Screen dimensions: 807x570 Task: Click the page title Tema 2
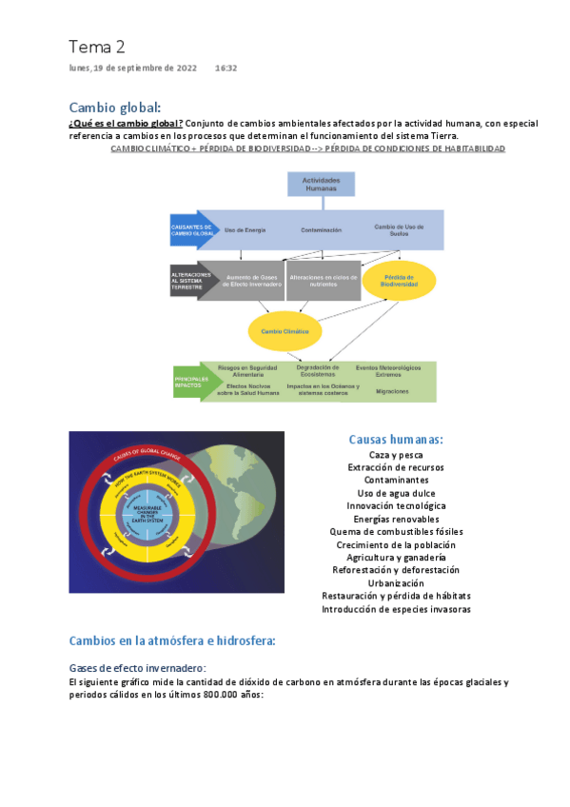click(x=96, y=47)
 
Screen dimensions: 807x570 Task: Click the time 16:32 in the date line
click(x=226, y=69)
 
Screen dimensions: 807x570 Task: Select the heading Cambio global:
click(x=115, y=107)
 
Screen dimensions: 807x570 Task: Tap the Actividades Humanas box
click(x=321, y=184)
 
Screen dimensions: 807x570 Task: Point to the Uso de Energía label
click(x=245, y=230)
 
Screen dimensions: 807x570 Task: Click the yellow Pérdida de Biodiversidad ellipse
click(x=399, y=280)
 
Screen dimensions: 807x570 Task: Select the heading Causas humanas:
click(x=396, y=440)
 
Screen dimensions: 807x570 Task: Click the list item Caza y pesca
click(x=396, y=455)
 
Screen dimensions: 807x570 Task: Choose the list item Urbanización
click(x=396, y=582)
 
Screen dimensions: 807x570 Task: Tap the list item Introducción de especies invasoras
click(x=396, y=609)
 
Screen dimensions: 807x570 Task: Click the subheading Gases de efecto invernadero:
click(x=137, y=668)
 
